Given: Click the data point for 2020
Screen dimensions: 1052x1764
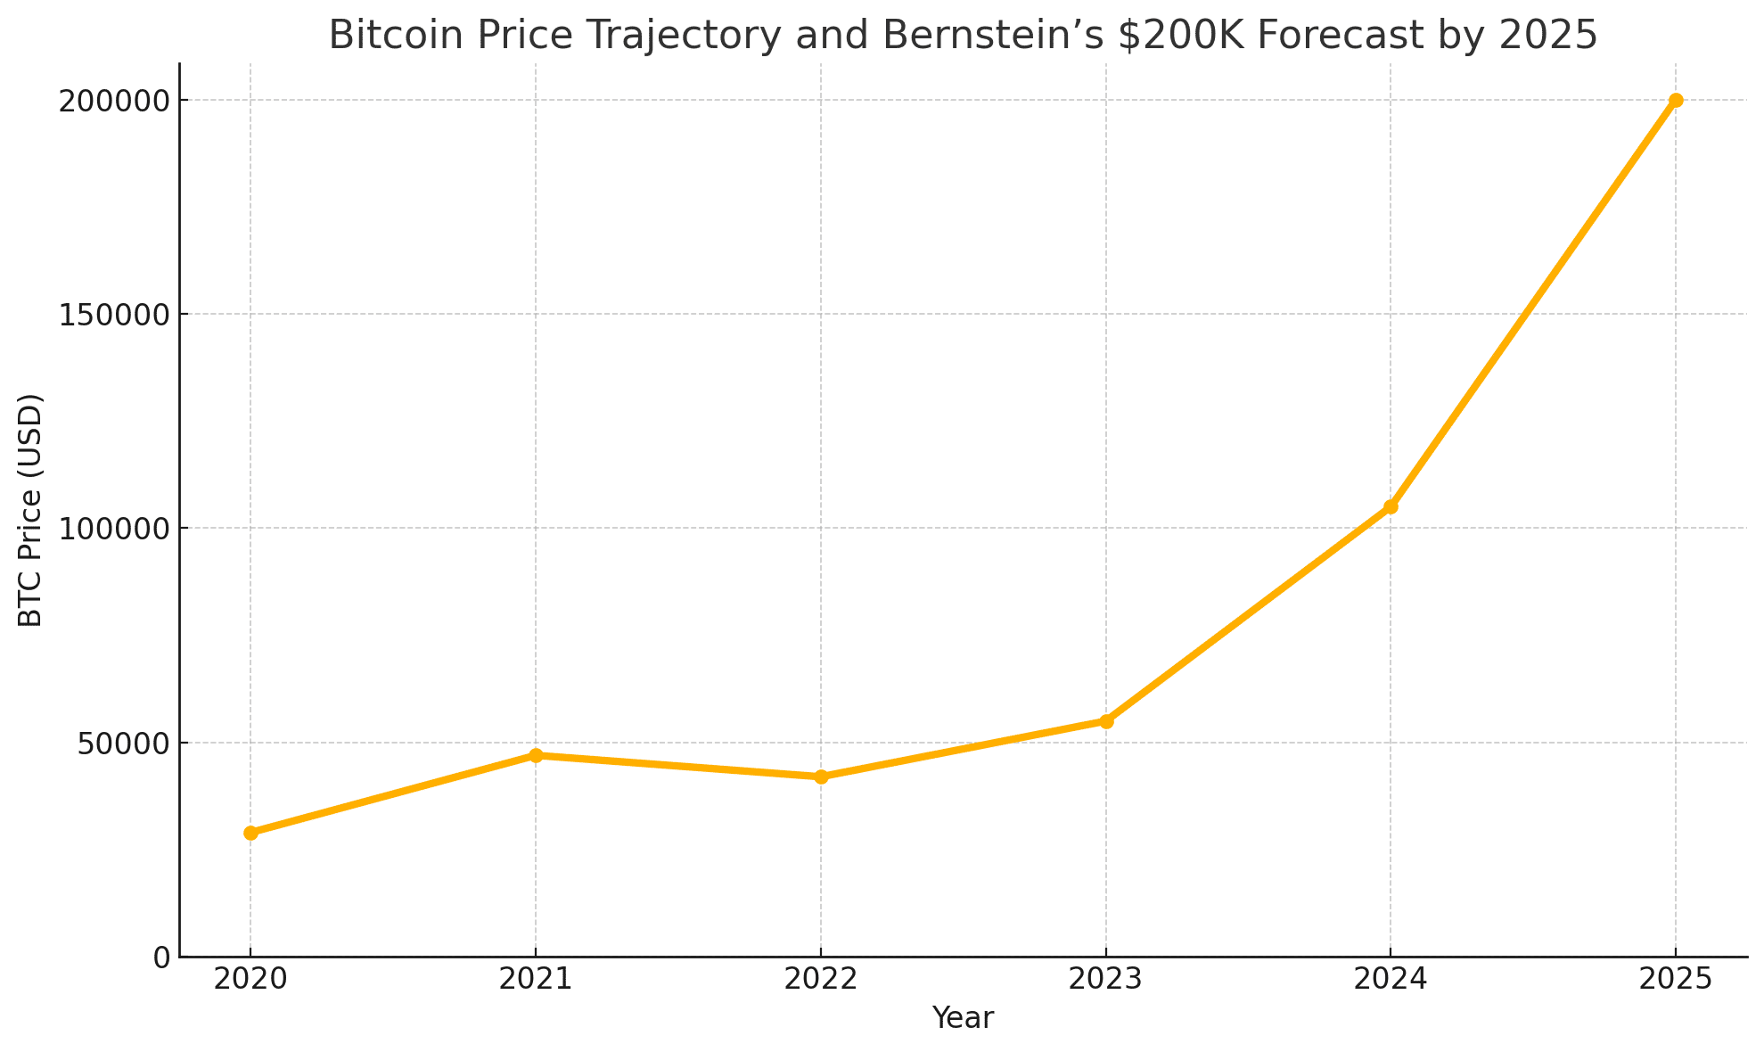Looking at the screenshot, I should (250, 833).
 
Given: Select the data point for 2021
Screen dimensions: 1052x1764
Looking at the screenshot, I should (536, 755).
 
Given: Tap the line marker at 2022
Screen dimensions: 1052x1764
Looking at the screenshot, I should (821, 777).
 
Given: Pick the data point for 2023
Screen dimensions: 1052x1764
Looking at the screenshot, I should (1106, 721).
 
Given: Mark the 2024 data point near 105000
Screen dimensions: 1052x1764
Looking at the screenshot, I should (1391, 506).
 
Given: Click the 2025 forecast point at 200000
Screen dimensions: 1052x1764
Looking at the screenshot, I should (1676, 100).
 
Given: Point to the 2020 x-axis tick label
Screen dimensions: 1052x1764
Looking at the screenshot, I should (250, 980).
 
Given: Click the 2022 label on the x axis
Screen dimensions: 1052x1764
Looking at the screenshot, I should (821, 980).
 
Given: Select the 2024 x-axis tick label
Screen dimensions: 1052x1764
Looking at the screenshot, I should (1391, 980).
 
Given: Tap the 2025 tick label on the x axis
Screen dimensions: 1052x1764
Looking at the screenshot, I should (1676, 980).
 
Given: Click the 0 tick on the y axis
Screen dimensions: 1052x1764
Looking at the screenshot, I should (161, 957).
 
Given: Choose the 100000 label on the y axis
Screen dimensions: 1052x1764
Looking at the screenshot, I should (114, 529).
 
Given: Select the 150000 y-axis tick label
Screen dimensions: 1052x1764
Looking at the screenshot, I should (114, 315).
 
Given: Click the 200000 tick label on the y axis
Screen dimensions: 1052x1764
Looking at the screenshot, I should (114, 101).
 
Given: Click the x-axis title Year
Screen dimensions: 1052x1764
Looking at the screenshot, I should (963, 1018).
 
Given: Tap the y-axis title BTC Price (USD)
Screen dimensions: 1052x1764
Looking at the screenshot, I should (31, 510).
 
